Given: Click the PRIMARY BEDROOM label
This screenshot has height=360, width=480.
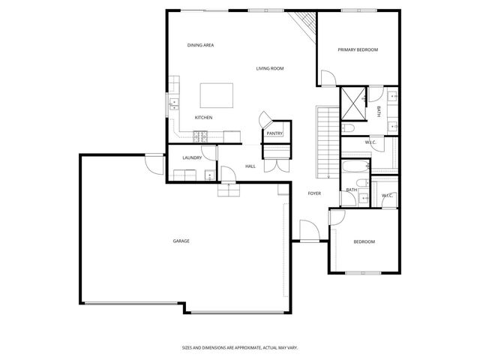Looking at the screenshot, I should coord(357,49).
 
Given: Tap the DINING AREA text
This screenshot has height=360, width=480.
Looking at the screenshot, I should coord(201,46).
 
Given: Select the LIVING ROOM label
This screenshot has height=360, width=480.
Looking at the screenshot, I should coord(270,68).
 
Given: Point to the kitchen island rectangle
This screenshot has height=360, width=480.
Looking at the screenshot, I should coord(216,95).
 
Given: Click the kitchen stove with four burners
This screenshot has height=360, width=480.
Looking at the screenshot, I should coord(201,136).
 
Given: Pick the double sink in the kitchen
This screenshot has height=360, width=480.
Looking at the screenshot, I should coord(172,103).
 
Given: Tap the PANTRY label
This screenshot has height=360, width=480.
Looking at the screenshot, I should coord(274,133).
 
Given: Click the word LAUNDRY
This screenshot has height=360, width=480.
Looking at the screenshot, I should coord(192,157).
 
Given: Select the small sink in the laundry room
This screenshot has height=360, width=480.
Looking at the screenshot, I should coord(210,176).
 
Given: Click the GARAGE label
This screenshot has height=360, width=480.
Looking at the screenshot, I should coord(181,241).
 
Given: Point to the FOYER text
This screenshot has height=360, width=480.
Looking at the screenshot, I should coord(314,193).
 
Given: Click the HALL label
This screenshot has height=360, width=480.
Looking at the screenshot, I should coord(250,166).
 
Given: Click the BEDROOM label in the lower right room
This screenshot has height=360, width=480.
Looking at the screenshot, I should coord(364,241).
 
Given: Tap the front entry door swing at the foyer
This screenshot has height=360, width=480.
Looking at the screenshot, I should coord(307,229).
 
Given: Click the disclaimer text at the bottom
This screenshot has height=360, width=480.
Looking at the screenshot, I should coord(240,347).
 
